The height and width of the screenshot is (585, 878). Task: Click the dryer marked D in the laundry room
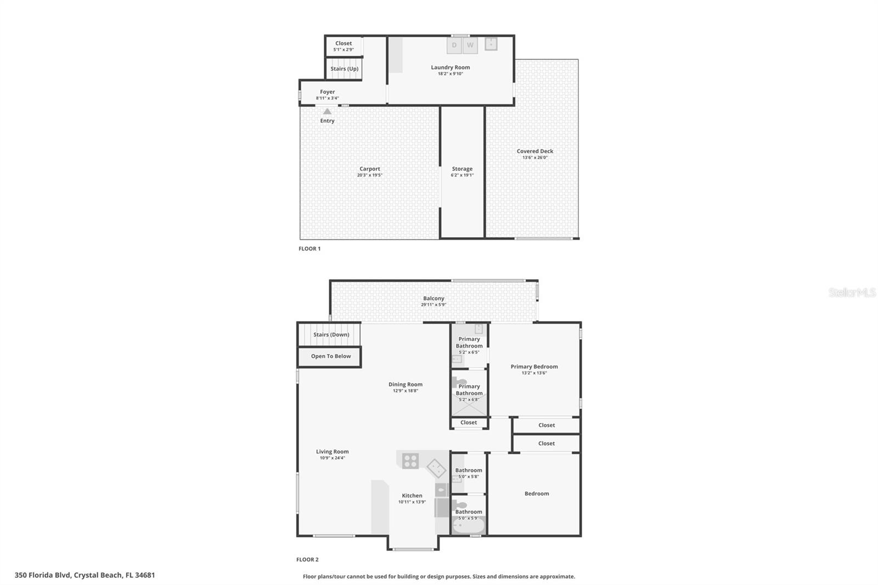click(x=454, y=45)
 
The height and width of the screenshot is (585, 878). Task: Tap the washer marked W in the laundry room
click(x=470, y=45)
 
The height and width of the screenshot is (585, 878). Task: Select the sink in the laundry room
click(x=491, y=43)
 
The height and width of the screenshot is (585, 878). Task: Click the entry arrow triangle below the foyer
click(x=327, y=111)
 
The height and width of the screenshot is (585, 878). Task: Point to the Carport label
click(x=370, y=168)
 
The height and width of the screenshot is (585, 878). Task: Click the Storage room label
click(x=462, y=168)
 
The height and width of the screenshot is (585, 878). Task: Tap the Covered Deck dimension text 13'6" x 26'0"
click(x=534, y=157)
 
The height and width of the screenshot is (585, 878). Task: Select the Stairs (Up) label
click(x=344, y=69)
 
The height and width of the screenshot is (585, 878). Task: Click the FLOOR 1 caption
click(x=309, y=249)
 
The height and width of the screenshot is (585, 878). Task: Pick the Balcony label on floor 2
click(x=434, y=298)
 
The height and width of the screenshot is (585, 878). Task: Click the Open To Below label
click(x=331, y=356)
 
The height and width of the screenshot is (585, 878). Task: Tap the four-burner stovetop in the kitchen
click(x=410, y=461)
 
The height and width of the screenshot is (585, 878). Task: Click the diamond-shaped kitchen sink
click(x=436, y=468)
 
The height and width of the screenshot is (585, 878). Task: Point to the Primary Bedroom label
click(x=534, y=367)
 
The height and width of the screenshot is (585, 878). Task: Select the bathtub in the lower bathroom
click(x=469, y=525)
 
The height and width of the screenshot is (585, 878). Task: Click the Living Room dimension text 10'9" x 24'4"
click(x=332, y=458)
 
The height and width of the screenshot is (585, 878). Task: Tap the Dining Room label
click(x=406, y=384)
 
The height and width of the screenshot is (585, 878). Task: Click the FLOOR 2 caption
click(x=307, y=560)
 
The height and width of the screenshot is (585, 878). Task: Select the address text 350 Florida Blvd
click(x=43, y=575)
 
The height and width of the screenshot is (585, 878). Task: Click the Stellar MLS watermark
click(x=852, y=292)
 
